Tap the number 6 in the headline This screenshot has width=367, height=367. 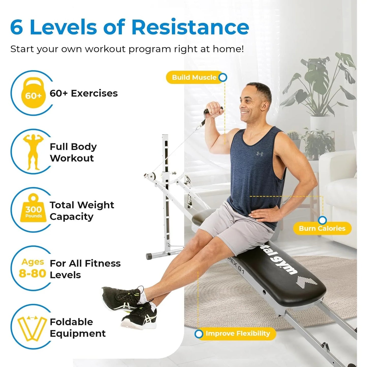tap(17, 27)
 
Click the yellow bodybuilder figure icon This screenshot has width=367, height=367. tap(33, 152)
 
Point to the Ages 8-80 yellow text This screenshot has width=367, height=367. tap(33, 268)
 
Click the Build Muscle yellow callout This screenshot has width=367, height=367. tap(194, 77)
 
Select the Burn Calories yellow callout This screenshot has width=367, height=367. tap(322, 228)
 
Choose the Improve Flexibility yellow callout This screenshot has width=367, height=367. tap(237, 333)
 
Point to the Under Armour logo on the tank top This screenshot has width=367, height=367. tap(260, 154)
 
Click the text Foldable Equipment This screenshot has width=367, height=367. tap(77, 328)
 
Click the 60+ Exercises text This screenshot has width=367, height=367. tap(84, 93)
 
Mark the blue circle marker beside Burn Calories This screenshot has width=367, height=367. tap(322, 220)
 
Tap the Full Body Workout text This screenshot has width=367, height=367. tap(73, 152)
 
